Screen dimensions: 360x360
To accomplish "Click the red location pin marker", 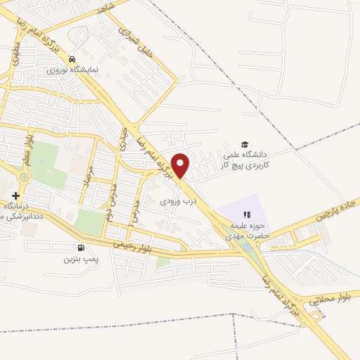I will coord(181,165).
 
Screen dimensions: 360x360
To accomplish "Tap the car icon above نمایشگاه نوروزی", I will coord(73,58).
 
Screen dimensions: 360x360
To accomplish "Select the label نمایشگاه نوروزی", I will coord(70,70).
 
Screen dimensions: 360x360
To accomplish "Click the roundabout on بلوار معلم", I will coord(25,177).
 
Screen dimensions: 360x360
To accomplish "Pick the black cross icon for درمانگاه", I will coord(15,195).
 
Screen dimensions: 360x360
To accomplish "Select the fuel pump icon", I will coord(82,247).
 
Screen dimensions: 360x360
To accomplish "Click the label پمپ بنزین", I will coord(79,259).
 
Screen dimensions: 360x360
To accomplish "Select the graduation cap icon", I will coord(245,143).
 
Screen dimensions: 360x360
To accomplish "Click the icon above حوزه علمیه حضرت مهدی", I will coord(246,214).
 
